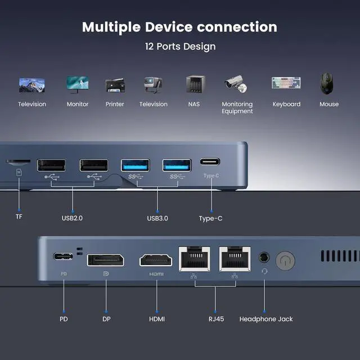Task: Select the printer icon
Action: click(115, 85)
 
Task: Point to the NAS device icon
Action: click(194, 84)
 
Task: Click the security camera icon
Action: click(237, 84)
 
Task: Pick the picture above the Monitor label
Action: click(78, 84)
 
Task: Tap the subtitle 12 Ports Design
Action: click(180, 46)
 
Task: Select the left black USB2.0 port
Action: click(51, 165)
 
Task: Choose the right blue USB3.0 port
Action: click(177, 165)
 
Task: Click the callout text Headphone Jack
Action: click(266, 319)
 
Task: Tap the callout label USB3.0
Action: click(157, 218)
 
